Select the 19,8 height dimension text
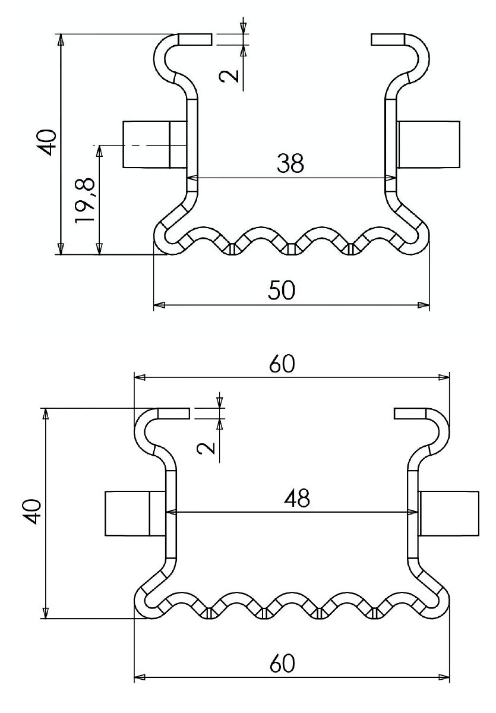point(86,201)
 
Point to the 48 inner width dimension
point(296,498)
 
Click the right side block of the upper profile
point(429,144)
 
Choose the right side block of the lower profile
point(449,513)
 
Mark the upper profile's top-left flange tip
point(209,39)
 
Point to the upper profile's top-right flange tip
point(374,39)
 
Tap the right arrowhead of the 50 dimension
point(424,305)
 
